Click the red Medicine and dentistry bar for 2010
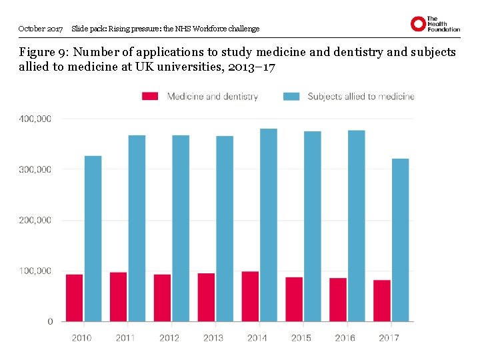coord(75,298)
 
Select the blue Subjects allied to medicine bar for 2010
coord(93,239)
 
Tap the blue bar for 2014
coord(269,225)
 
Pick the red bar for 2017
coord(382,301)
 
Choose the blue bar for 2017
coord(400,240)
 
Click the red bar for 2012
coord(162,298)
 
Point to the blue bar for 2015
coord(313,226)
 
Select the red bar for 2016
coord(338,299)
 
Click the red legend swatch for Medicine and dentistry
coord(151,97)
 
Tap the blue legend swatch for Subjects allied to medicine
coord(291,97)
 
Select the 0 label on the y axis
coord(50,321)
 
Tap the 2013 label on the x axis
coord(213,338)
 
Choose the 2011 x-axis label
coord(125,338)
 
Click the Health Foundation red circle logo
coord(418,24)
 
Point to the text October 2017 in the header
coord(41,29)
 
